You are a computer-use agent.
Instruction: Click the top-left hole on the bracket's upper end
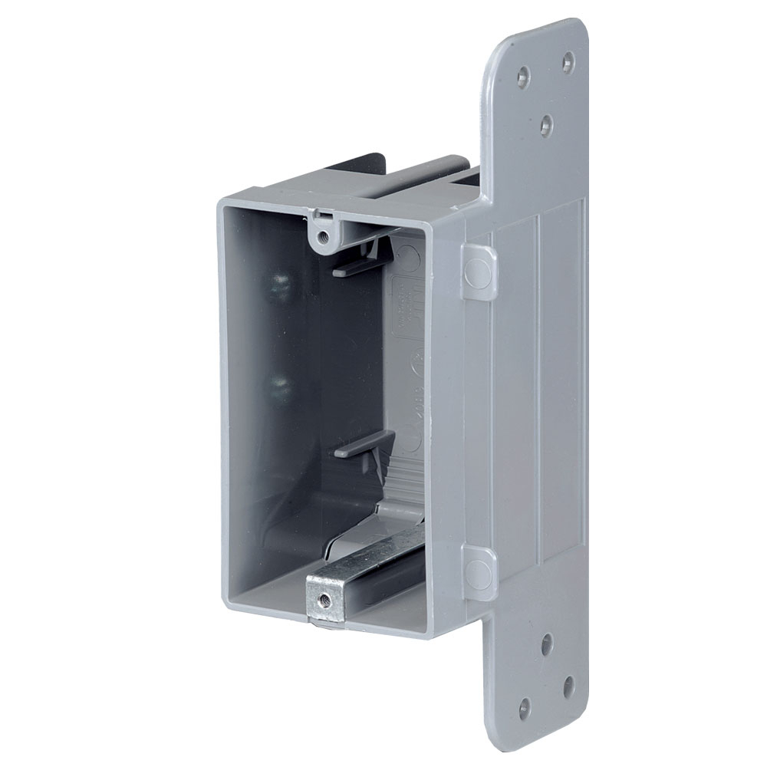(523, 76)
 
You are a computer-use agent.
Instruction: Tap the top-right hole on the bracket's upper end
(568, 61)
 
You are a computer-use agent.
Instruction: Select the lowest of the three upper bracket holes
(546, 123)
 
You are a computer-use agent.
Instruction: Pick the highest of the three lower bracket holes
(546, 644)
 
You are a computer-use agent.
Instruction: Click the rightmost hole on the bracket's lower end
(568, 686)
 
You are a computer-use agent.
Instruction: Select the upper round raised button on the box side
(478, 271)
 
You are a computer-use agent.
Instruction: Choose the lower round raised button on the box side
(478, 572)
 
